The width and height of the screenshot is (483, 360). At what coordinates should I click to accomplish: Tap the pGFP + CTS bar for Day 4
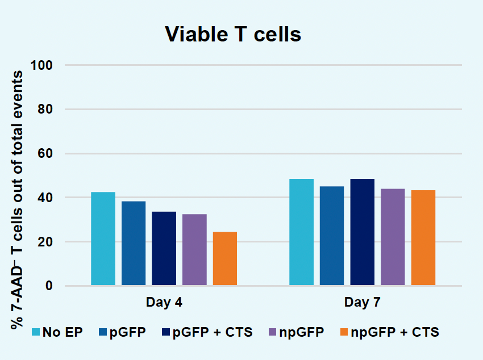click(x=164, y=248)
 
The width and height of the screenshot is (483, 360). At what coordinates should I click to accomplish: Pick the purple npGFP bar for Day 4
click(x=194, y=250)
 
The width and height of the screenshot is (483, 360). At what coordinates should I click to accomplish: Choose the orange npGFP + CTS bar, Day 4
click(x=225, y=258)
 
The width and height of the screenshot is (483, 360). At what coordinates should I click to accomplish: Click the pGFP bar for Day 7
click(x=332, y=236)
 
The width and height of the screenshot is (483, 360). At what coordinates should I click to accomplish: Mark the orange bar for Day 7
click(x=423, y=238)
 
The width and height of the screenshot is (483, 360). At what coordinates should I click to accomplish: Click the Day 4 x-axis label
click(x=164, y=302)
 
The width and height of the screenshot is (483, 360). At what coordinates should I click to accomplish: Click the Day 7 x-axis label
click(x=362, y=302)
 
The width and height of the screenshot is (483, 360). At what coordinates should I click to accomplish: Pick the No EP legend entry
click(x=57, y=332)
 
